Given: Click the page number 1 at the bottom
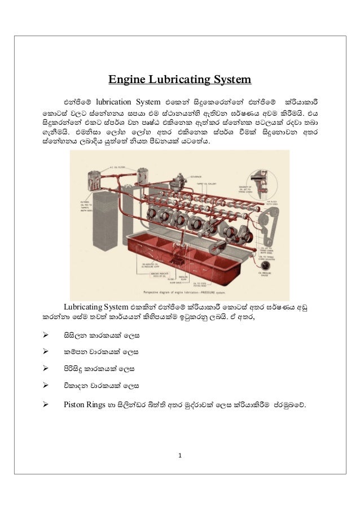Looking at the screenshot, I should pyautogui.click(x=180, y=455).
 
